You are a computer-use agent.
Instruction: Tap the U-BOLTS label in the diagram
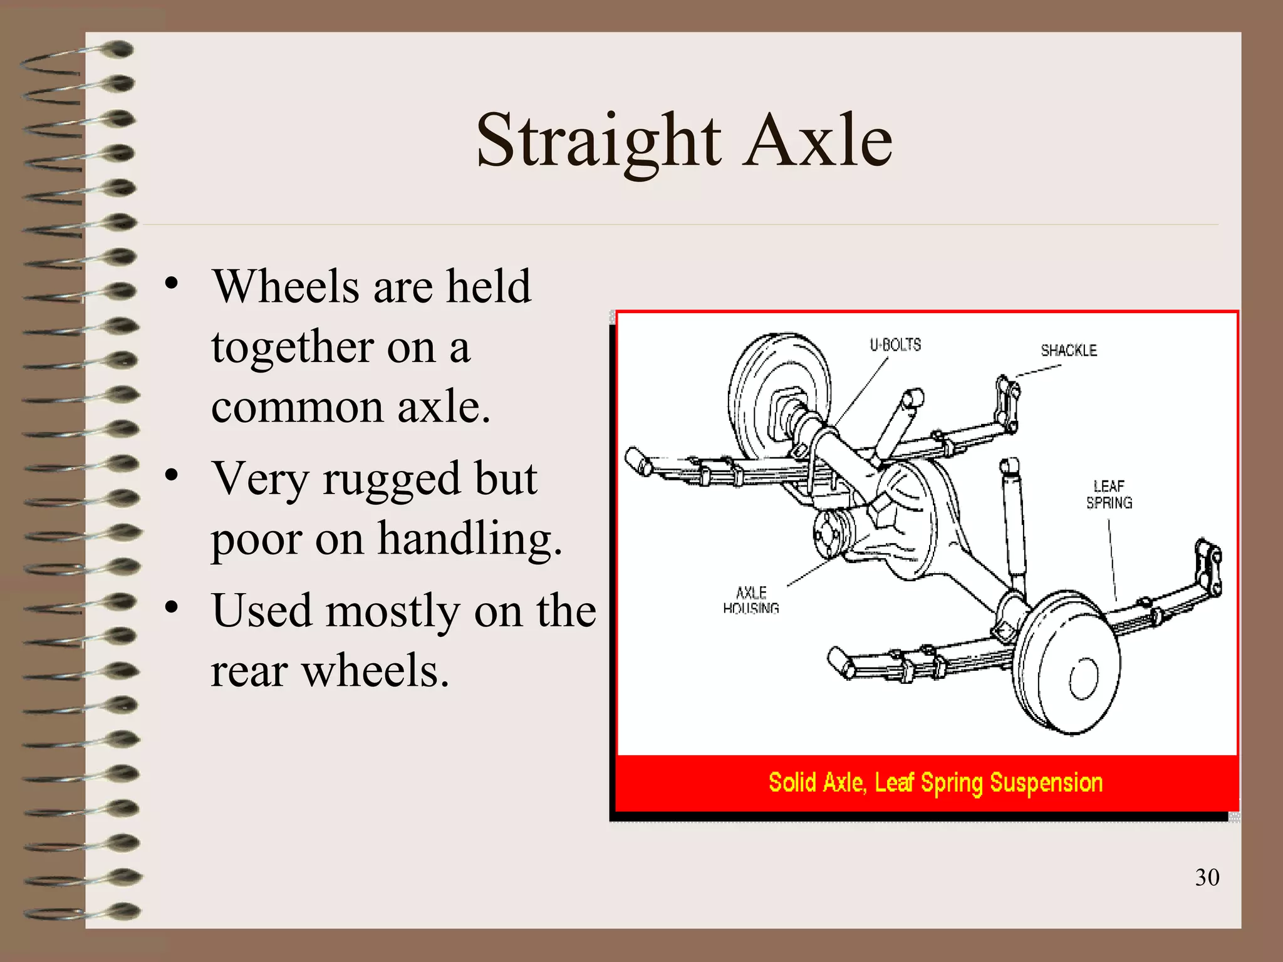pos(895,344)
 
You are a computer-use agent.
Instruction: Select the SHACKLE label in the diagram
pos(1069,350)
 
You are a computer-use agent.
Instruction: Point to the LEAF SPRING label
pos(1109,494)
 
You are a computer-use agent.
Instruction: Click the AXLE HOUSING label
pos(751,600)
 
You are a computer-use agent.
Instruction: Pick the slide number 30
pos(1207,877)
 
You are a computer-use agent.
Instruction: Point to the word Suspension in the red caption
pos(1046,783)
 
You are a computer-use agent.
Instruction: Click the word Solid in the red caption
pos(792,783)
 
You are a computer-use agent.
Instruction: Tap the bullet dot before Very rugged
pos(172,476)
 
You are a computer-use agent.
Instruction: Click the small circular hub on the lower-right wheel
pos(1083,678)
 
